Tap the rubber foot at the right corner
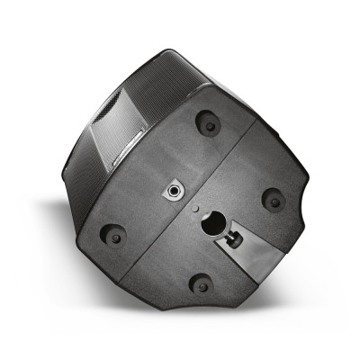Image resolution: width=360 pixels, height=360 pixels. [273, 200]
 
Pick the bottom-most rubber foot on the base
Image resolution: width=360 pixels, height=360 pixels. [200, 284]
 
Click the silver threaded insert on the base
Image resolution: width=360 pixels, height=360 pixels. [172, 192]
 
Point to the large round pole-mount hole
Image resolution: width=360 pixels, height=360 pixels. [213, 223]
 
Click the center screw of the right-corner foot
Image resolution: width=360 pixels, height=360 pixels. [273, 200]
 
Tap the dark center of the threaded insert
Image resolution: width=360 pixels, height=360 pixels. [172, 192]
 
